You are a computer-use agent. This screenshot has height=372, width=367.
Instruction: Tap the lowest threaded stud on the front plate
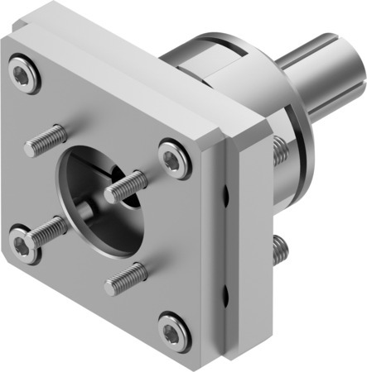coord(126,278)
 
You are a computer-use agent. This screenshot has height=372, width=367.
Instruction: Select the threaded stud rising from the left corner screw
coord(46,231)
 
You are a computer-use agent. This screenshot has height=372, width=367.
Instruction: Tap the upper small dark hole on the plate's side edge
coord(225,195)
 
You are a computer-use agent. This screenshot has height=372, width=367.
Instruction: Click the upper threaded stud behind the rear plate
coord(279,150)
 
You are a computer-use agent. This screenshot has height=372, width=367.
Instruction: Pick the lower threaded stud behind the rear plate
coord(280,246)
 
